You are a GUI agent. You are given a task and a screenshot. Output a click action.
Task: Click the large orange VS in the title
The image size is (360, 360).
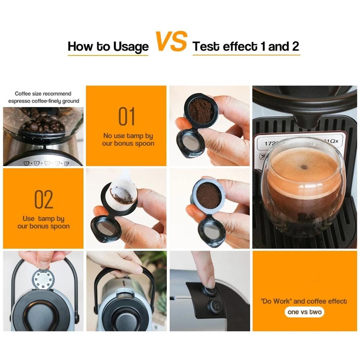[x=171, y=42]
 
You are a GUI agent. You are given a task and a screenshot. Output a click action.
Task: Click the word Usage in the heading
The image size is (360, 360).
[x=131, y=47]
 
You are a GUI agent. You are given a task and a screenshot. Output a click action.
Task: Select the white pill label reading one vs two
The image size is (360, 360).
[x=304, y=312]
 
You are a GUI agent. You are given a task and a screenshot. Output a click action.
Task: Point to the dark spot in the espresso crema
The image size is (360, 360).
[x=305, y=166]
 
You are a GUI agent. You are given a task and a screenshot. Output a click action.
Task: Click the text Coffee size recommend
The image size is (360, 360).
[x=43, y=94]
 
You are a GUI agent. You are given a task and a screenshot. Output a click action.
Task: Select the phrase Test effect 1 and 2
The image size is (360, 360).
[x=246, y=47]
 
